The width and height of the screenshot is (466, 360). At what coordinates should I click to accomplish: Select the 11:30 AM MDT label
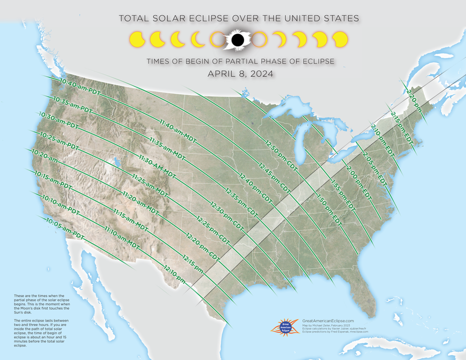click(x=157, y=166)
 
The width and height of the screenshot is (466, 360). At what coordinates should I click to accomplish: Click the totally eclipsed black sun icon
click(x=237, y=40)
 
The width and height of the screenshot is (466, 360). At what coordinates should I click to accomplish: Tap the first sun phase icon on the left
click(x=138, y=39)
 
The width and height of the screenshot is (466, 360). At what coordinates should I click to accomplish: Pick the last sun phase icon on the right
click(x=340, y=40)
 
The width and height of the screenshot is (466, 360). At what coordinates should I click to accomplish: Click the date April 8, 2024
click(x=240, y=74)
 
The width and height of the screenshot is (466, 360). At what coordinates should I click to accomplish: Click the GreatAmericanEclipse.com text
click(x=328, y=321)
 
